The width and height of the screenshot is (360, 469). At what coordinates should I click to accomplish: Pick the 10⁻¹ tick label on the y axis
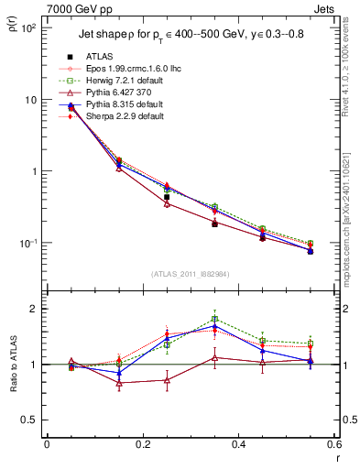point(27,243)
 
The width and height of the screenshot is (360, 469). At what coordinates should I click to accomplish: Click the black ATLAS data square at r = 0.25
point(167,197)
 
